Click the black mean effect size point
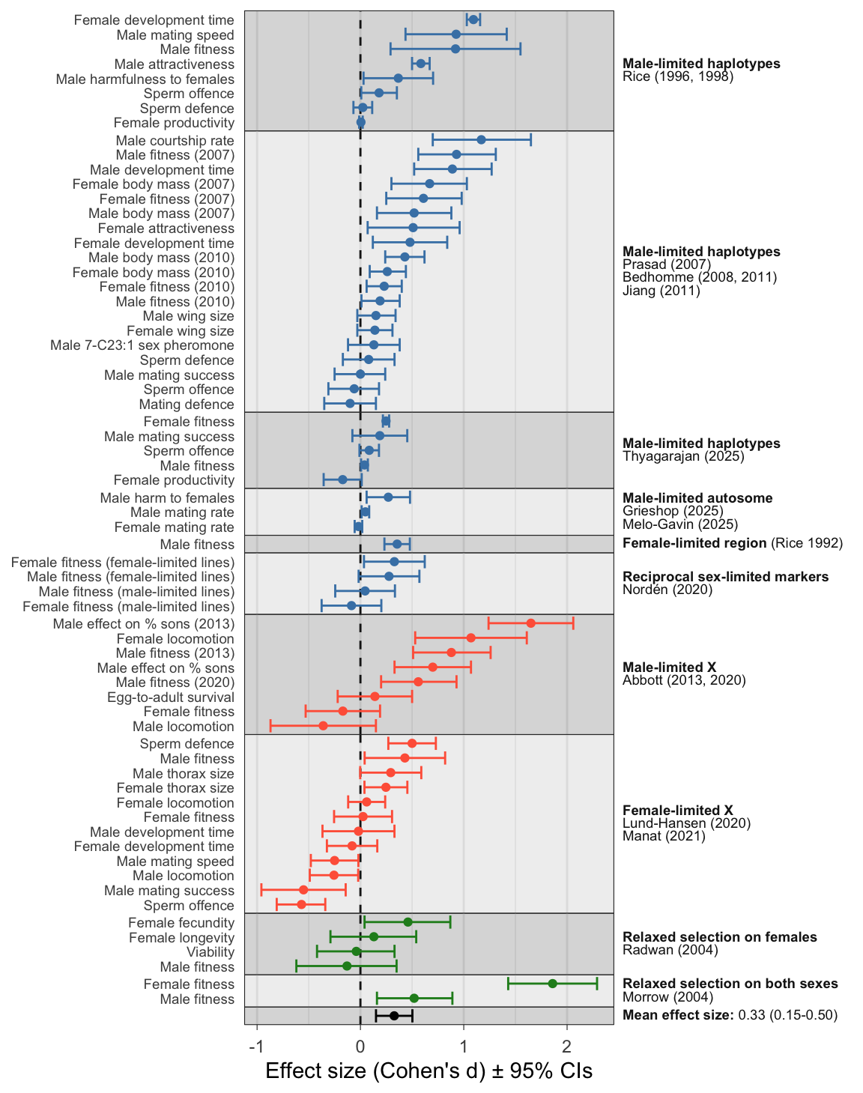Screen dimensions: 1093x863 tap(394, 1016)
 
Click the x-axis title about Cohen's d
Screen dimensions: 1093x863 tap(429, 1071)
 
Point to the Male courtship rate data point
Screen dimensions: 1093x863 tap(481, 140)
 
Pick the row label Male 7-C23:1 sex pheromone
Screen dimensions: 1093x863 tap(142, 345)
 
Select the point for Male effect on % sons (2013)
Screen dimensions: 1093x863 tap(530, 623)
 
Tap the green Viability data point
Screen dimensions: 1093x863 tap(356, 951)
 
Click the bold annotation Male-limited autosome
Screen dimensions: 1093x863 tap(697, 498)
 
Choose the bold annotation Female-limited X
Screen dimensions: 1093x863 tap(678, 810)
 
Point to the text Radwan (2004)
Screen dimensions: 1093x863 tap(670, 950)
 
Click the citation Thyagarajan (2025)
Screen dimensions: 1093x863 tap(683, 456)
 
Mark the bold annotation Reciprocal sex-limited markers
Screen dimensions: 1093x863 tap(726, 577)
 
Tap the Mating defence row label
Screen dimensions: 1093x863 tap(187, 405)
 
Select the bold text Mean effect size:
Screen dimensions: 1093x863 tap(679, 1015)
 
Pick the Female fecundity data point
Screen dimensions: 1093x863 tap(408, 922)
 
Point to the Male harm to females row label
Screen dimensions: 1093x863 tap(167, 498)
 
